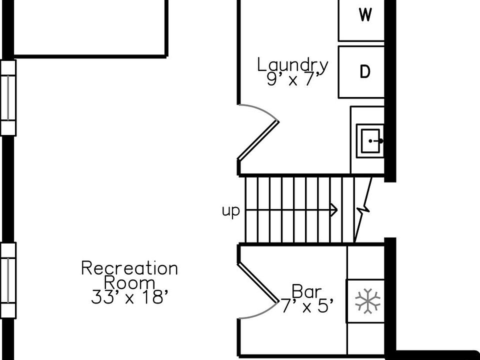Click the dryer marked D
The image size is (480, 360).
click(x=365, y=72)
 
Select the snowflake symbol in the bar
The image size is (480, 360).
click(x=367, y=301)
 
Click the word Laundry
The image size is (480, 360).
click(x=292, y=65)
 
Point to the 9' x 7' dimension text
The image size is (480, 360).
click(x=292, y=79)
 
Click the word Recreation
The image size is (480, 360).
click(x=129, y=268)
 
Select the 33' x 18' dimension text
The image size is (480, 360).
click(x=129, y=297)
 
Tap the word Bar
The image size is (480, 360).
click(x=306, y=290)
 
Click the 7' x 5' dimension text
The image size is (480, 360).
click(x=306, y=306)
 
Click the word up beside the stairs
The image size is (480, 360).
click(x=231, y=211)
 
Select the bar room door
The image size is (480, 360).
click(x=257, y=282)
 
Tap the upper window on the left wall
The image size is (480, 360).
click(x=8, y=97)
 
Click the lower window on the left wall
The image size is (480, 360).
click(x=8, y=280)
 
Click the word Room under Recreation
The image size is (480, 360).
click(x=129, y=282)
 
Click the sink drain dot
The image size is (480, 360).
click(x=370, y=141)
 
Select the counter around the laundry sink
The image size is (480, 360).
click(x=367, y=115)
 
